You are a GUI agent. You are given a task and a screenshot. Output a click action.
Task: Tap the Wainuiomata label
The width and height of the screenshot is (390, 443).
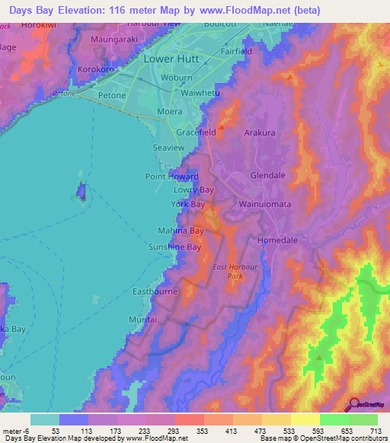tap(268, 204)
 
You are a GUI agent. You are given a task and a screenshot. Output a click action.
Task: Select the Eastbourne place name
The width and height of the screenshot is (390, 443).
tap(155, 291)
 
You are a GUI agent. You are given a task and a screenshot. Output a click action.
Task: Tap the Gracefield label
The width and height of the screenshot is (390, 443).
tap(197, 132)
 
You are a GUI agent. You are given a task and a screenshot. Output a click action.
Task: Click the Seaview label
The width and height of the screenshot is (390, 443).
tap(168, 147)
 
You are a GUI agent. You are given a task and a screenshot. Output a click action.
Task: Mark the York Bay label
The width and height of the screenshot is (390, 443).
tap(187, 205)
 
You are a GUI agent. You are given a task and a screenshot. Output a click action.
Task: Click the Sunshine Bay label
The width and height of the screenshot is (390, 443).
tap(174, 247)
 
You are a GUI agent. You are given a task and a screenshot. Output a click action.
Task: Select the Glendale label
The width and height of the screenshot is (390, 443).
tap(267, 175)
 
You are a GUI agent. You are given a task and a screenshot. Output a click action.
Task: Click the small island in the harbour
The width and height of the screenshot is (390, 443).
tap(79, 193)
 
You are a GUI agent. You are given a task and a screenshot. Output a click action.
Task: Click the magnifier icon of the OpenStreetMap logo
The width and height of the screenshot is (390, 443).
tap(353, 404)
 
